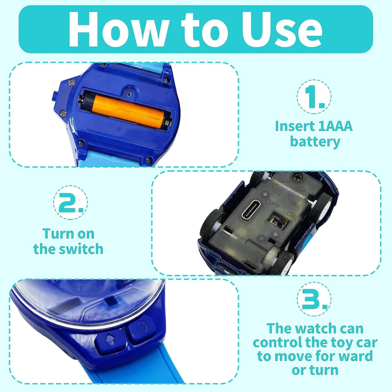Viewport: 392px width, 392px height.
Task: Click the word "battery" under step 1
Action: tap(315, 141)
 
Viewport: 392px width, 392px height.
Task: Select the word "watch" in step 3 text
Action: tap(319, 328)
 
